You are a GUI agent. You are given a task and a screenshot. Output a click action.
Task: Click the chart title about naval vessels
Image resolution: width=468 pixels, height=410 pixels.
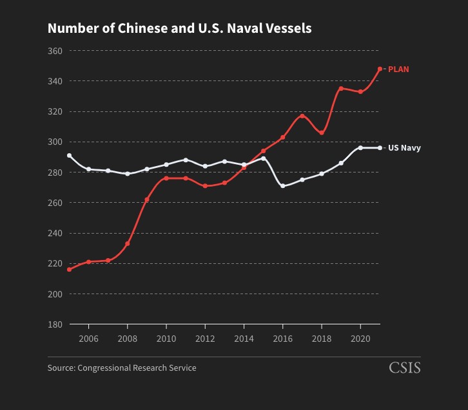click(x=179, y=28)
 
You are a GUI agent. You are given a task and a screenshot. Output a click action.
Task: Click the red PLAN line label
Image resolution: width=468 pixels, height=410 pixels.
click(x=398, y=69)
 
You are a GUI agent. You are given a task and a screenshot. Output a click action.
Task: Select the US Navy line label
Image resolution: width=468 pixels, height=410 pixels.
click(x=404, y=148)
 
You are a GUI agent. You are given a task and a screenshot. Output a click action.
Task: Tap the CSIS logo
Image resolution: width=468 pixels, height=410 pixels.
click(x=405, y=368)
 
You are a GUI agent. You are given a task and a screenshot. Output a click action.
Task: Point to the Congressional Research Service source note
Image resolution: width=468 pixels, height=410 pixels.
click(x=122, y=368)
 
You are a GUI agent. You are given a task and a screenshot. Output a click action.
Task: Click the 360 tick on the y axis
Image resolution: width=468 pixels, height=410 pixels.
click(x=55, y=51)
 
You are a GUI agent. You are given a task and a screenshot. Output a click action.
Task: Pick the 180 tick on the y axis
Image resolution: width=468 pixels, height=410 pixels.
click(x=55, y=324)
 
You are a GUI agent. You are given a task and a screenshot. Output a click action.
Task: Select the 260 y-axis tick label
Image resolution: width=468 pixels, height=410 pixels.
click(x=55, y=203)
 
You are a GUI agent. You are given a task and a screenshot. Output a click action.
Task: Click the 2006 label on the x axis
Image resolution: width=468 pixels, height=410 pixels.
click(x=88, y=339)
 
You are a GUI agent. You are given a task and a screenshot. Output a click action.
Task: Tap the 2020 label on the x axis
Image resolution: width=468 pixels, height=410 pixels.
click(x=360, y=339)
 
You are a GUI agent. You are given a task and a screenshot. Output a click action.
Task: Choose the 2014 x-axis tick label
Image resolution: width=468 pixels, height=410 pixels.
click(x=244, y=339)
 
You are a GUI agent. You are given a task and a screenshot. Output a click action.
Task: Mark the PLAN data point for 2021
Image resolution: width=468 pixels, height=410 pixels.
click(x=380, y=69)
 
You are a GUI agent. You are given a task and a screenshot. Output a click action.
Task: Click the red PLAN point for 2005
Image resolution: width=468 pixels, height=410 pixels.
click(x=69, y=270)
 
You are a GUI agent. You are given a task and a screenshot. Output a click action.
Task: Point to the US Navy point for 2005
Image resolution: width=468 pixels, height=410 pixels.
click(x=69, y=156)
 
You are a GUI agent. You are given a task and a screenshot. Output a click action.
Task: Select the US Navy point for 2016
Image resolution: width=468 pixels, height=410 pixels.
click(x=283, y=186)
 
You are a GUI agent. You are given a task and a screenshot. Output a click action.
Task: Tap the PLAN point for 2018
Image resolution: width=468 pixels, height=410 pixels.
click(x=322, y=133)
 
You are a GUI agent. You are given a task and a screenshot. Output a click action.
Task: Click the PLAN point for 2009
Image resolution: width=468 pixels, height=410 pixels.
click(x=147, y=200)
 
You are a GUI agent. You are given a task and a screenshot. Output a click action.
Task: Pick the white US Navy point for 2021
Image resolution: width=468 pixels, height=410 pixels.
click(x=380, y=148)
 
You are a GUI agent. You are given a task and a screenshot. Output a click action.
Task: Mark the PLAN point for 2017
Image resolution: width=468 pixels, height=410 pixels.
click(x=302, y=116)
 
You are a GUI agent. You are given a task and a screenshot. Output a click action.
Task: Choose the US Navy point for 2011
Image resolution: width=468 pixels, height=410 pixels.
click(x=186, y=160)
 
